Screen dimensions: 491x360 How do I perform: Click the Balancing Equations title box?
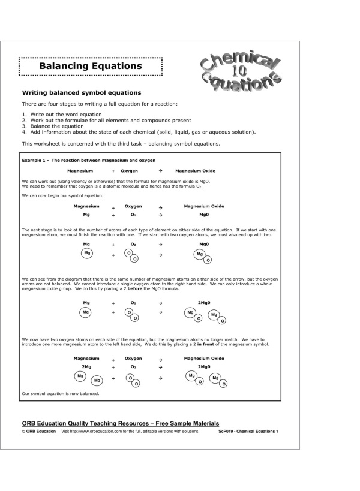[x=91, y=66]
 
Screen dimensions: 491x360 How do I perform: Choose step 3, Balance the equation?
[x=53, y=126]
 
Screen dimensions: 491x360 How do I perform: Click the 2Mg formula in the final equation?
[x=86, y=366]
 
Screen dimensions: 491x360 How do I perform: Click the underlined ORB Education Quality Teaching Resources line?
[x=120, y=423]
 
